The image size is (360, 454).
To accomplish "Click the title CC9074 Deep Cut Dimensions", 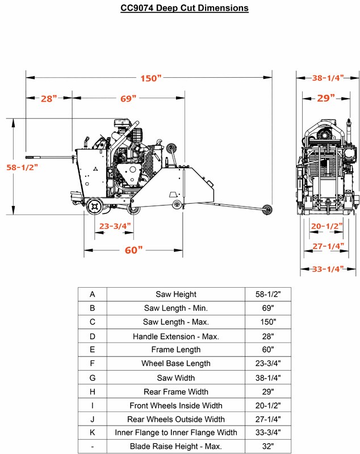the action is point(185,8).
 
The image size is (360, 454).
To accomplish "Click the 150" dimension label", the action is point(150,78).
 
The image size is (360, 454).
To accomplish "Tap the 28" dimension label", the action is point(49,99).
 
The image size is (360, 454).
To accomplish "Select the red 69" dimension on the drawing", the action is point(128,99).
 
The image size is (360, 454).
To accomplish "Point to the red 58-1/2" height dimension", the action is point(22,167).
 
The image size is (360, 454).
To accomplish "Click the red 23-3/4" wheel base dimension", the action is point(115,226).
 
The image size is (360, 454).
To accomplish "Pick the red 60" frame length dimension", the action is point(133,250).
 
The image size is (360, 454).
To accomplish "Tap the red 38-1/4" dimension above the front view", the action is point(328,78).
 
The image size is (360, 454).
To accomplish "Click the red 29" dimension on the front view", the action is point(326,98).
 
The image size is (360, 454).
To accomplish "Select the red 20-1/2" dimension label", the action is point(326,226).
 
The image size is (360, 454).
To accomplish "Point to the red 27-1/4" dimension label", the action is point(328,246).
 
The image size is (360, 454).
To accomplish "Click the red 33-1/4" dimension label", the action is point(328,269).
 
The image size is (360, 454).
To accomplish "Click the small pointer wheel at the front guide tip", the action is point(267,209).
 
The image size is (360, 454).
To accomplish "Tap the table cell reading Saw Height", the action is point(176,294).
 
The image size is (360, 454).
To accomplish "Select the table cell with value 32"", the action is point(268,446).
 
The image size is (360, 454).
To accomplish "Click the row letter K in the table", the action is point(93,432).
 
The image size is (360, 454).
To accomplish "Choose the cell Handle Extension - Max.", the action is point(176,337).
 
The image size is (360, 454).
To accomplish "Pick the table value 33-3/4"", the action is point(268,432).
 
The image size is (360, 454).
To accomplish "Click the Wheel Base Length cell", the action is point(176,363).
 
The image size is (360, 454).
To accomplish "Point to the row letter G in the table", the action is point(93,378).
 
